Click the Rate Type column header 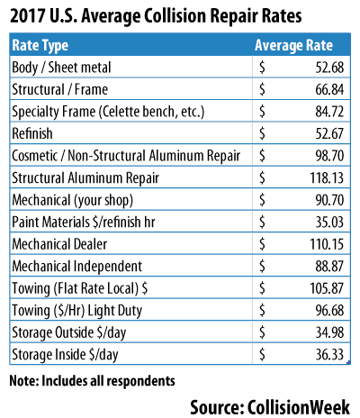point(40,46)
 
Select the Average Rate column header point(293,45)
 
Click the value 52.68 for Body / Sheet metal point(329,68)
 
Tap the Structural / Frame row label point(60,89)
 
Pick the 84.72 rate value point(329,112)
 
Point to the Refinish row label point(32,133)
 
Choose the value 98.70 point(329,156)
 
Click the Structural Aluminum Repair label point(85,178)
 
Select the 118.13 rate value point(327,177)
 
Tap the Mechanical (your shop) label point(72,200)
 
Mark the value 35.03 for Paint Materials point(329,222)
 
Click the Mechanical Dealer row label point(59,244)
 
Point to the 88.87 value point(329,266)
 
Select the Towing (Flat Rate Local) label point(80,288)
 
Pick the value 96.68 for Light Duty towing point(329,310)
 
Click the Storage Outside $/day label point(69,332)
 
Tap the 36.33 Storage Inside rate point(329,355)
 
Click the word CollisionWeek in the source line point(299,407)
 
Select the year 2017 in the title point(27,16)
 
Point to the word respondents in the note point(141,381)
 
